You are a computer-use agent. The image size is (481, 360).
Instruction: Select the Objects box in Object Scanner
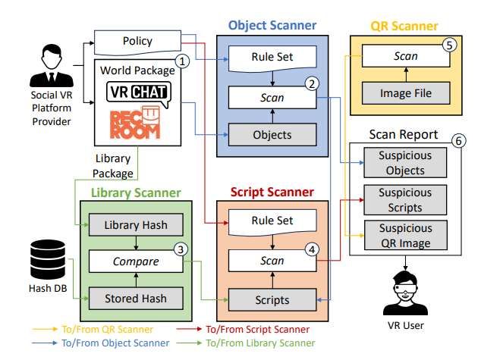coord(272,134)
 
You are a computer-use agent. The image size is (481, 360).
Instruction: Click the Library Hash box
coord(137,224)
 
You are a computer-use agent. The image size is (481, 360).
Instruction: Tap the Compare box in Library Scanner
coord(137,261)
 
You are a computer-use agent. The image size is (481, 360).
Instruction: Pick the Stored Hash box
coord(137,298)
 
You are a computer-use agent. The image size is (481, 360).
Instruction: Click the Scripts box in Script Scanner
coord(272,299)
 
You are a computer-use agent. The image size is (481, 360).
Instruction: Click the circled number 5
coord(451,45)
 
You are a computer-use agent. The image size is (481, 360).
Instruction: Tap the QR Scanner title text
coord(404,26)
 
